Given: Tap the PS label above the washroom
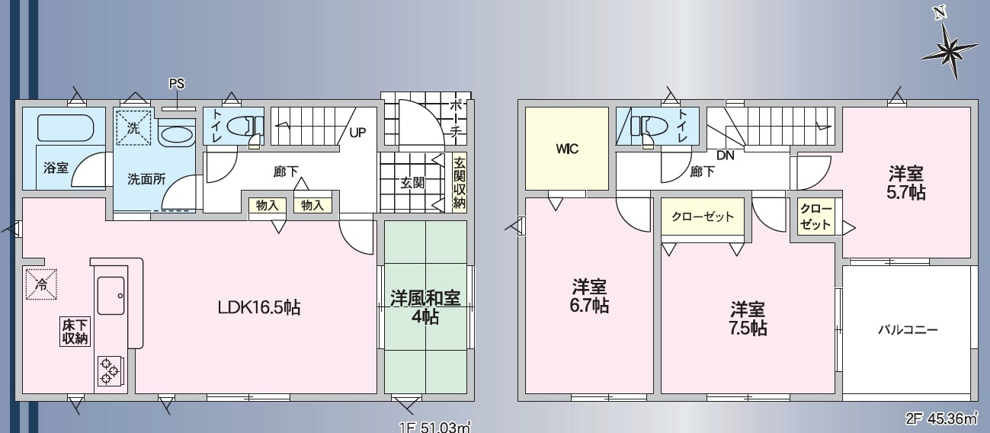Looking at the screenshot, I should click(x=177, y=84).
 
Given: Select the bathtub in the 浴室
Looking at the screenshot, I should click(x=65, y=127).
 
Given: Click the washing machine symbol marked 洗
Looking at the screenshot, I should click(x=133, y=129).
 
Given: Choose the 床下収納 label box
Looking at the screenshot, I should click(x=75, y=332).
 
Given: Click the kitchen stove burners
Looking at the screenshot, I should click(x=108, y=372).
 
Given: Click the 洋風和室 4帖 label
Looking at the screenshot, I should click(x=425, y=306).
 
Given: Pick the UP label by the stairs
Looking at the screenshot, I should click(x=357, y=132).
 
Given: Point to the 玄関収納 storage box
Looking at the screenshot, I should click(x=459, y=182).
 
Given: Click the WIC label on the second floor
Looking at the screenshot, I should click(x=566, y=149).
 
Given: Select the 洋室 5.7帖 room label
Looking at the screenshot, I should click(x=906, y=182).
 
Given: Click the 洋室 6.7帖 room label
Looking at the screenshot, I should click(x=589, y=296).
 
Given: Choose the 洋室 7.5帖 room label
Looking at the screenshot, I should click(x=748, y=319).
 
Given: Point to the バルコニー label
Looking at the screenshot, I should click(x=907, y=330).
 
